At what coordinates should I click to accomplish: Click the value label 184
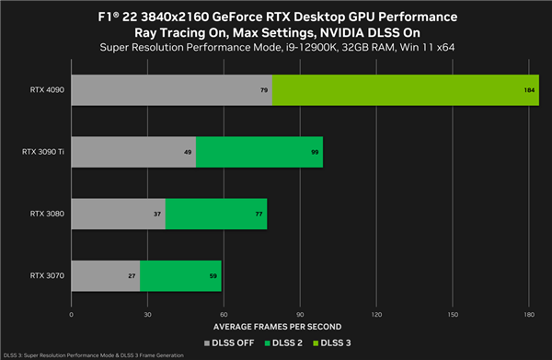530,91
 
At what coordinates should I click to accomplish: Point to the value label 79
264,91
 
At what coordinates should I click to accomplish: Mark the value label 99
316,152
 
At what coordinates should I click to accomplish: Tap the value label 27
132,274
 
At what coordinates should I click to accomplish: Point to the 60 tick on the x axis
224,314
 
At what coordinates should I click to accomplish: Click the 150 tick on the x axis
452,314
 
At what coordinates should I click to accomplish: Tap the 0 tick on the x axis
71,314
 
